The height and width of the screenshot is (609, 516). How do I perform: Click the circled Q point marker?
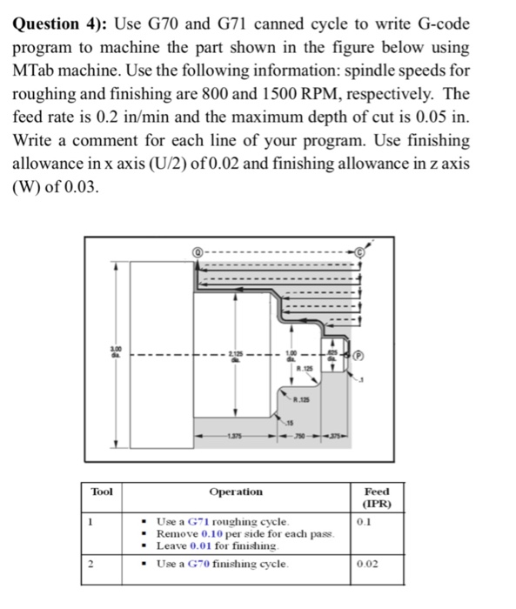point(197,248)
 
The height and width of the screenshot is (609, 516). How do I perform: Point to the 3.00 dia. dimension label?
point(111,353)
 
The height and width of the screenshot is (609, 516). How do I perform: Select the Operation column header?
point(236,492)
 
